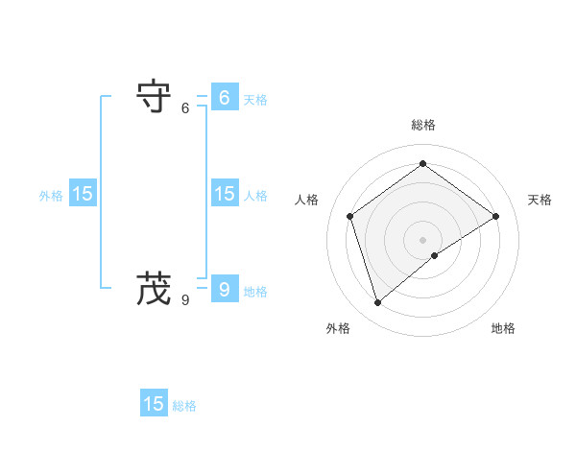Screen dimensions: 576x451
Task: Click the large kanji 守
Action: click(x=155, y=96)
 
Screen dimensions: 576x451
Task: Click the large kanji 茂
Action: click(x=155, y=287)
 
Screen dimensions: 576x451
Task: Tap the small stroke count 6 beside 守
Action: click(x=185, y=108)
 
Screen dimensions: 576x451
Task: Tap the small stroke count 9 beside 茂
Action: click(x=185, y=300)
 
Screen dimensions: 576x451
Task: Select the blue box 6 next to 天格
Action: click(x=224, y=97)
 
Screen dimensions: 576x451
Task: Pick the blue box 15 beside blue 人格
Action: click(x=224, y=193)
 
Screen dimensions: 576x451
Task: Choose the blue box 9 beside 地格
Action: click(x=224, y=288)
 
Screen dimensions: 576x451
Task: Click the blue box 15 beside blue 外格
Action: click(x=83, y=193)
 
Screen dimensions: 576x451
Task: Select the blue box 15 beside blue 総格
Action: click(x=154, y=404)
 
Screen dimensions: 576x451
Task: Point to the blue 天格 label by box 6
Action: click(x=255, y=100)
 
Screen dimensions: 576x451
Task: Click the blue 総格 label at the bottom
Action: click(x=184, y=406)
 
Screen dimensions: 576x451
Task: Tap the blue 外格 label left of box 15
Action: click(x=51, y=196)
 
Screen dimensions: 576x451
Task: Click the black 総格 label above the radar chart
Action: click(x=422, y=125)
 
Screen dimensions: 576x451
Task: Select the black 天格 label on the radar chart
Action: click(x=540, y=200)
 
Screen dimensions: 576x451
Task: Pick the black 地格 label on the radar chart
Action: click(x=503, y=328)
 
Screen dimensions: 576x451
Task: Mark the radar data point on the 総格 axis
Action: click(x=422, y=163)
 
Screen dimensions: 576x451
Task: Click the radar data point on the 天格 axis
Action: click(x=495, y=216)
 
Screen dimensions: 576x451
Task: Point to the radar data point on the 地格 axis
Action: click(x=435, y=255)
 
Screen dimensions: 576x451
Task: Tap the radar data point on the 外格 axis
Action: click(x=377, y=303)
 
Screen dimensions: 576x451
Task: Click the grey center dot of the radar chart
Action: click(x=422, y=239)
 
